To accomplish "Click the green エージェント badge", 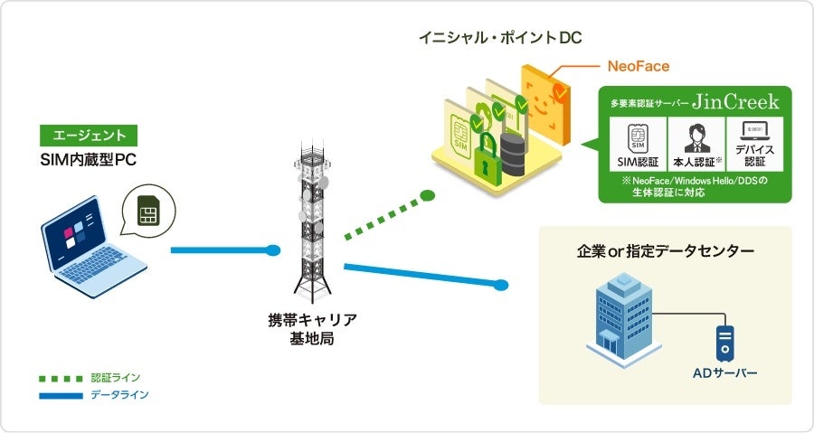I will [89, 136].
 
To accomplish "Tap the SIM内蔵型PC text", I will [88, 160].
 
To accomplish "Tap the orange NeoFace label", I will [638, 66].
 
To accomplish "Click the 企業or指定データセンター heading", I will [666, 250].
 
